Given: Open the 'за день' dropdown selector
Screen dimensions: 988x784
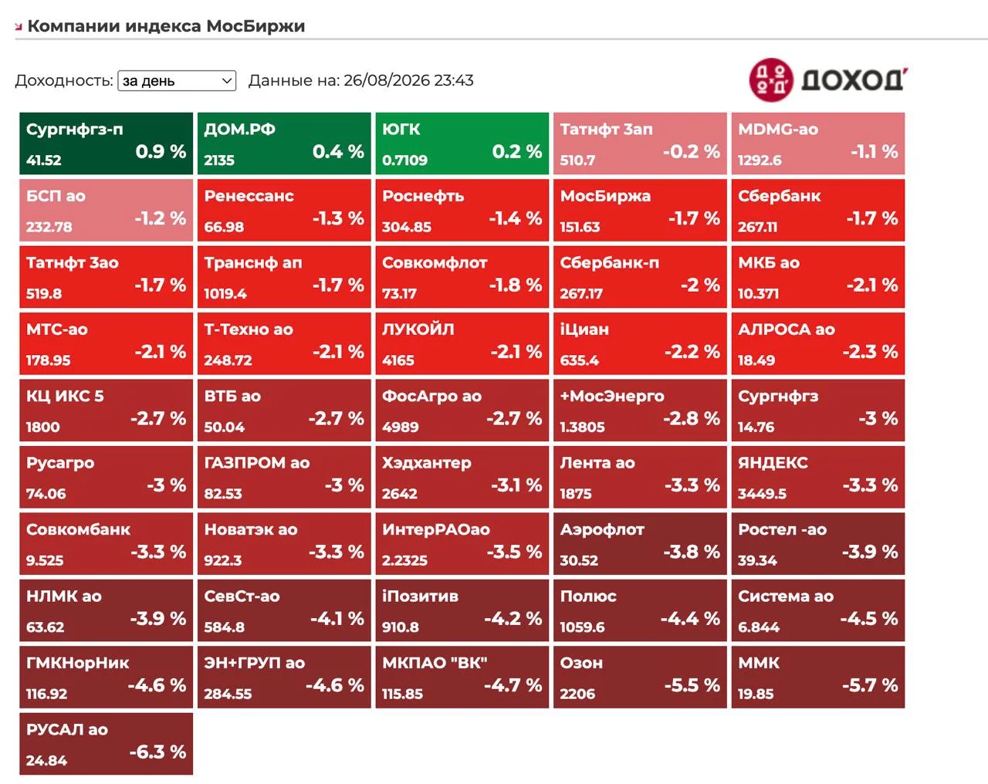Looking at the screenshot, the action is (x=177, y=81).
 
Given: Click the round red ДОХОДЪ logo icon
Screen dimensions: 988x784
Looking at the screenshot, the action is (x=771, y=80).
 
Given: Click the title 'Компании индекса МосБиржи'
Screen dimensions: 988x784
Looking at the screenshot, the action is (x=166, y=25).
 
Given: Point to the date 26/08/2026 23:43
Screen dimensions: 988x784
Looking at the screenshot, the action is (x=408, y=80).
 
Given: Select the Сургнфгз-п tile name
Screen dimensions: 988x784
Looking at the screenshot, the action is (x=75, y=130).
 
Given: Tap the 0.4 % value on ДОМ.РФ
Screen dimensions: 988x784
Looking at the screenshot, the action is (x=338, y=151).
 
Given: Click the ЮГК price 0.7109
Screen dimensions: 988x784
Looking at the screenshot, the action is (x=405, y=161).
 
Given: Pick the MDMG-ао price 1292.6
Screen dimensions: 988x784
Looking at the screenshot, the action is (x=760, y=161).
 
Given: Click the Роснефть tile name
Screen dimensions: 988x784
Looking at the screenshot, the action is (x=423, y=196).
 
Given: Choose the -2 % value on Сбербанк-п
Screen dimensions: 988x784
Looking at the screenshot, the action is (x=701, y=285).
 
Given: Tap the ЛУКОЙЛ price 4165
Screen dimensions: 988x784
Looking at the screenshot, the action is (x=398, y=360).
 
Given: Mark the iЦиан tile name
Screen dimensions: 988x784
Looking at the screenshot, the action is (x=584, y=329).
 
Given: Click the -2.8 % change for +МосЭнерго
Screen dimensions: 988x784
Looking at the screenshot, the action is (x=692, y=418).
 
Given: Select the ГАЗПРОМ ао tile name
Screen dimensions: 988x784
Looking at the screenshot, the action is (x=257, y=463).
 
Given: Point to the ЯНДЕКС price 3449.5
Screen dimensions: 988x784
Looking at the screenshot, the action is (x=762, y=494).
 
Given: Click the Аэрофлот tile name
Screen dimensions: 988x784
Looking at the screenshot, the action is (x=602, y=529).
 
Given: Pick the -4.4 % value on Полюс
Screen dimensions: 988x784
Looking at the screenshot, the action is (x=691, y=619).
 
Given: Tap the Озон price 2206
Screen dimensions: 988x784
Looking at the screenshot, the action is (x=577, y=694).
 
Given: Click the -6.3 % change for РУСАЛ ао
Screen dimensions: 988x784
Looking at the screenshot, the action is (x=158, y=752).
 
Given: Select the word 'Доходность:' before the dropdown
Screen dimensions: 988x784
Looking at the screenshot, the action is (x=64, y=81).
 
